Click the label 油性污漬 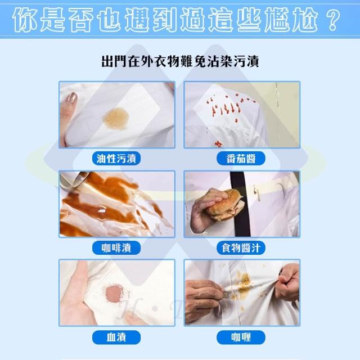[x=116, y=159]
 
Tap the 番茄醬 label [x=241, y=159]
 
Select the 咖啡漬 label [x=116, y=247]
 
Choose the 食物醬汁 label [x=241, y=247]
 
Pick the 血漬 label [x=116, y=337]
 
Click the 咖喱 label [x=241, y=337]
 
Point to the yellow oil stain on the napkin [x=116, y=118]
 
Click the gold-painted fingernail [x=73, y=98]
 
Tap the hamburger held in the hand [x=225, y=205]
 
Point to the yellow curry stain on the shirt [x=243, y=284]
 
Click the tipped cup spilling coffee [x=74, y=178]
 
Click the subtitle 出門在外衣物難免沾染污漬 [x=180, y=61]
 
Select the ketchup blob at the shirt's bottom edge [x=219, y=144]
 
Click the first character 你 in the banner [x=25, y=20]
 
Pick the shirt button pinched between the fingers [x=226, y=295]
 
